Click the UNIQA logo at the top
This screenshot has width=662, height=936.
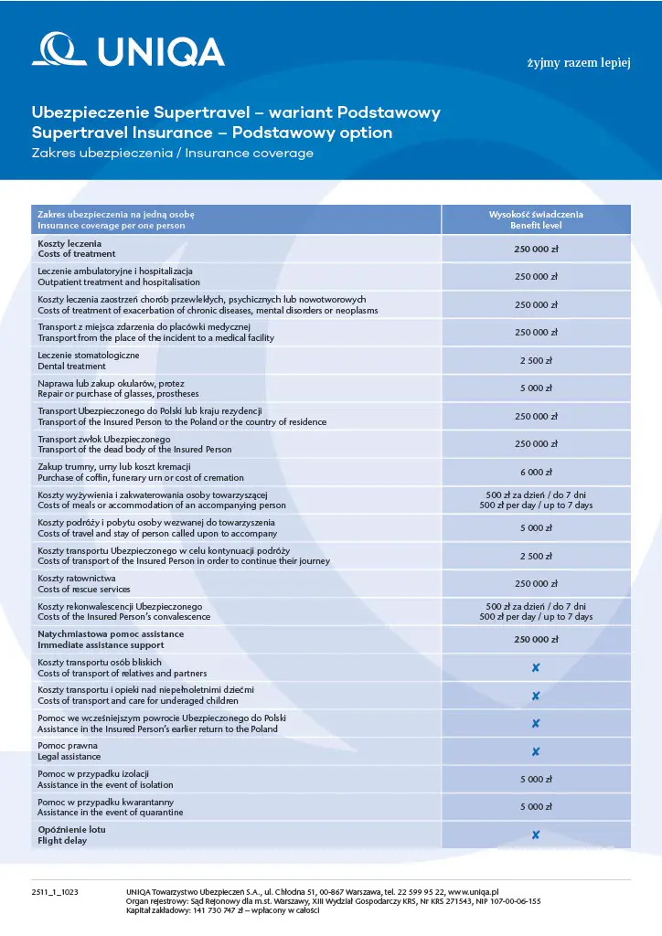pyautogui.click(x=128, y=50)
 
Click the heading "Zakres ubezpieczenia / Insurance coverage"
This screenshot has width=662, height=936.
pyautogui.click(x=172, y=154)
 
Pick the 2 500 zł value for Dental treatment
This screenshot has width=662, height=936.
pyautogui.click(x=536, y=360)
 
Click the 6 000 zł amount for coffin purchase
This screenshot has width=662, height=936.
pyautogui.click(x=536, y=472)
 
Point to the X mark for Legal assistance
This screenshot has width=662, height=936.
pyautogui.click(x=536, y=751)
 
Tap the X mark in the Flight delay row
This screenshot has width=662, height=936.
pyautogui.click(x=536, y=835)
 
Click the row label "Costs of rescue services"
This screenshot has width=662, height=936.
pyautogui.click(x=83, y=589)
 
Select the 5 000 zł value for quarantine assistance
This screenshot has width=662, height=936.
pyautogui.click(x=536, y=807)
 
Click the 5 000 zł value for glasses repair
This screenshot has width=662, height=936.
pyautogui.click(x=536, y=388)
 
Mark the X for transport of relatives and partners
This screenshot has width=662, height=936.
pyautogui.click(x=536, y=668)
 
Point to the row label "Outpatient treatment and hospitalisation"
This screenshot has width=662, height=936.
pyautogui.click(x=118, y=282)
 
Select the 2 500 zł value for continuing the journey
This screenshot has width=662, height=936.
pyautogui.click(x=536, y=556)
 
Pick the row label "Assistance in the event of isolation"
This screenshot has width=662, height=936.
pyautogui.click(x=104, y=784)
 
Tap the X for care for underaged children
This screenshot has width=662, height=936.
pyautogui.click(x=536, y=696)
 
